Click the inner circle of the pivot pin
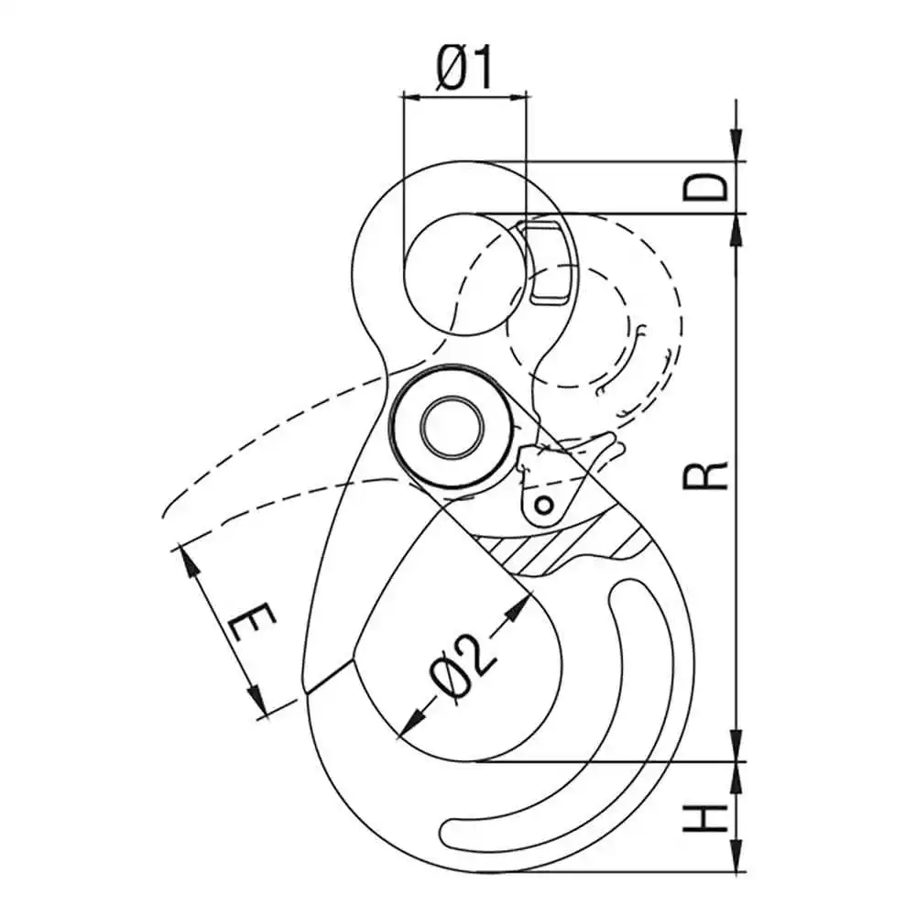451,426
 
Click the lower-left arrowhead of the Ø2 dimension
409,724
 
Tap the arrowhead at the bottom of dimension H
736,860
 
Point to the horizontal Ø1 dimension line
464,93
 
